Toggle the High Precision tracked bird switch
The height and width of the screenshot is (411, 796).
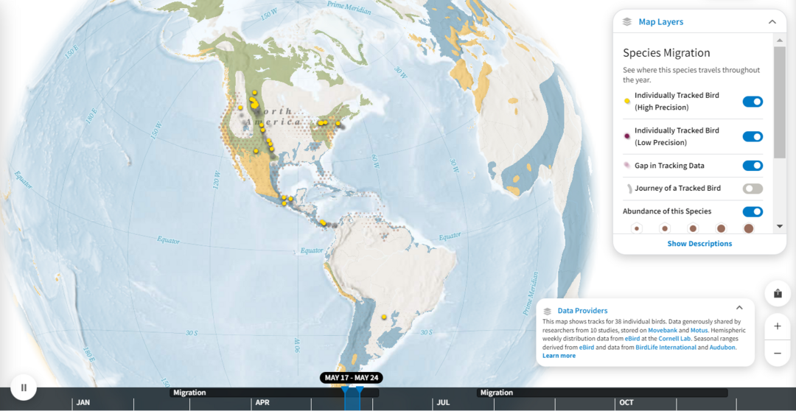click(752, 102)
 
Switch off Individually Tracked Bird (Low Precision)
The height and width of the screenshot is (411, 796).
click(752, 136)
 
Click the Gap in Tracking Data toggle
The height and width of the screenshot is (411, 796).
click(752, 166)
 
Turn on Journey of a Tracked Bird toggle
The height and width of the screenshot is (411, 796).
click(752, 189)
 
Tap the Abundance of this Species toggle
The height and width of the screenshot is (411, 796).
click(752, 211)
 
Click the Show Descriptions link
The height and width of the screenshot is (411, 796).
click(699, 244)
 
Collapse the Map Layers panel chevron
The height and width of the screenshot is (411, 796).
click(772, 22)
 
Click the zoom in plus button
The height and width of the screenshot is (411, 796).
click(778, 326)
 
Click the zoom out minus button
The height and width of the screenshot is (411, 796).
click(778, 354)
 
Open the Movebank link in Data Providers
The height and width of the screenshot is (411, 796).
click(662, 331)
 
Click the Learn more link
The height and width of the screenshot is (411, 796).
click(559, 356)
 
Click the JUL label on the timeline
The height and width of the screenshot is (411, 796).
click(443, 403)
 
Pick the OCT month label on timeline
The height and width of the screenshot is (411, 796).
click(626, 403)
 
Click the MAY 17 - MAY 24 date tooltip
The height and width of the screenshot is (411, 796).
click(351, 378)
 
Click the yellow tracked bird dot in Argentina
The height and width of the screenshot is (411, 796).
click(384, 317)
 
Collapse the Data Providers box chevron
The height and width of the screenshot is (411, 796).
click(739, 308)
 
